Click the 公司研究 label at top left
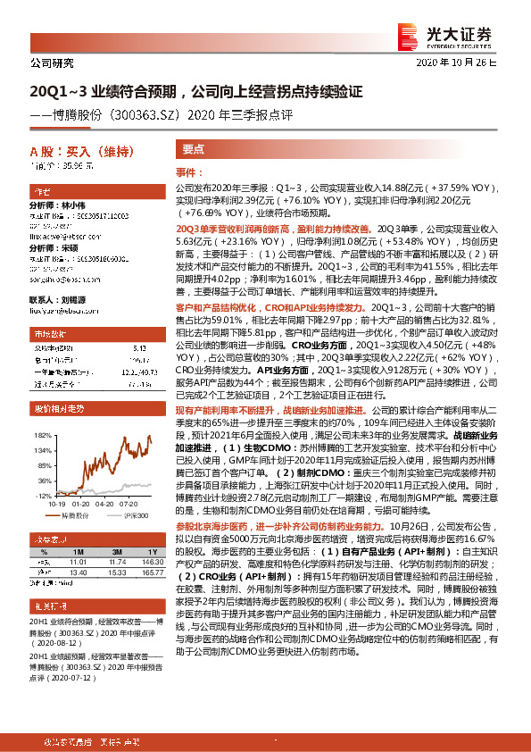52,63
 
